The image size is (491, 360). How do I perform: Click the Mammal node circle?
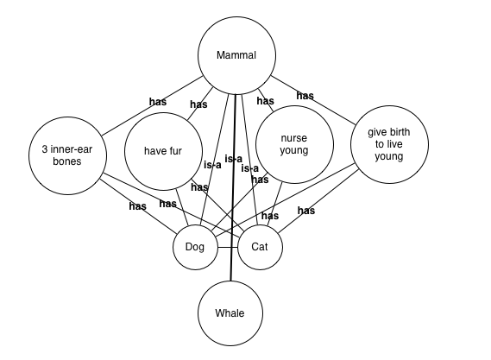click(236, 56)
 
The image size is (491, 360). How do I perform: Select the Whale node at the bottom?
click(230, 313)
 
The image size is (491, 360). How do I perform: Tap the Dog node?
click(195, 247)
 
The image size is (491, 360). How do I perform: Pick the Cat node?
click(260, 247)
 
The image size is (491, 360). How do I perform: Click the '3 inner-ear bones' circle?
click(67, 155)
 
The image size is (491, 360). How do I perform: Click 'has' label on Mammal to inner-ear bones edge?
click(157, 102)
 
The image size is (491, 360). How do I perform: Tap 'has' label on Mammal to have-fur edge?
click(198, 104)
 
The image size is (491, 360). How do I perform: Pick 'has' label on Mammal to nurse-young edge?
click(265, 101)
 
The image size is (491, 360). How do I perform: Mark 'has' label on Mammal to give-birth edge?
click(305, 96)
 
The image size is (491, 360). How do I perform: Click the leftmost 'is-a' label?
click(212, 165)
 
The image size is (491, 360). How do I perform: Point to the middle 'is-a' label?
click(233, 159)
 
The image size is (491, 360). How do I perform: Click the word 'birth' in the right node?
click(398, 133)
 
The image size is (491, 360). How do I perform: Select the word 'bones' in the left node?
click(67, 161)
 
